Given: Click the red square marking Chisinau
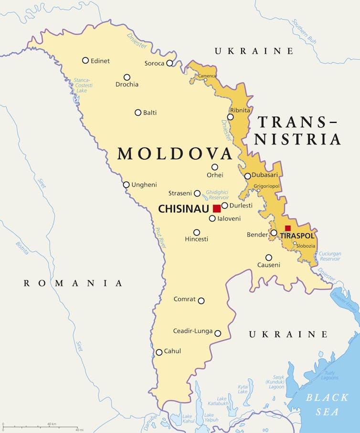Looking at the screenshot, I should pos(217,208).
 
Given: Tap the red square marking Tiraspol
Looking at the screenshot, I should pos(288,228).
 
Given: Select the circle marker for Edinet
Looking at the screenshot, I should pos(85,60).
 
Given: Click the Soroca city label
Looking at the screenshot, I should pos(154,63).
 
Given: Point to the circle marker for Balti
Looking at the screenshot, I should pos(138,113).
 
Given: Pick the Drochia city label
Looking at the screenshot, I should pos(127,85).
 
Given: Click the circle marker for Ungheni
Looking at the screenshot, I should pos(126,184).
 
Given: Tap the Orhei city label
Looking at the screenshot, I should pos(215,175).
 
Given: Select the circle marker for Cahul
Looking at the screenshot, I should pos(159,352).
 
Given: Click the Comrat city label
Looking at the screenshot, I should pos(184,299).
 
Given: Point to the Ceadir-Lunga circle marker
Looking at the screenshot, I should pos(218,333).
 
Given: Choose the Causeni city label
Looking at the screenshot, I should pos(269,265).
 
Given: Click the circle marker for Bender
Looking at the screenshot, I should pos(274,233).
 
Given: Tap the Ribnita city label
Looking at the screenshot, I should pos(240,110).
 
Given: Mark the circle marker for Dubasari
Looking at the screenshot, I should pos(247,176).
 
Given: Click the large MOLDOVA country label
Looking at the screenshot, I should pos(175,154).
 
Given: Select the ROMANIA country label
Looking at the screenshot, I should pos(73,283).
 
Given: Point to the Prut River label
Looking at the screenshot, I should pos(159,238).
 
